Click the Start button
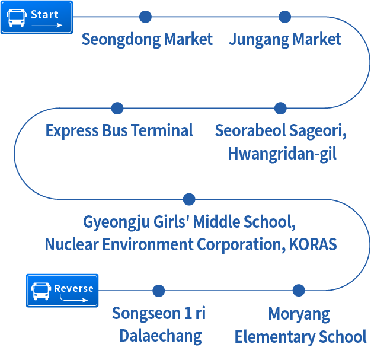coord(36,18)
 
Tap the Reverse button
coord(62,291)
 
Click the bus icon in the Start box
coord(16,17)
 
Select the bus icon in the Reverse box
coord(41,291)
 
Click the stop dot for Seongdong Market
coord(145,17)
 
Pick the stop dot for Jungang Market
coord(285,17)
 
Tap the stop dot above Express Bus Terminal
coord(117,108)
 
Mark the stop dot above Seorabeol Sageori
coord(281,108)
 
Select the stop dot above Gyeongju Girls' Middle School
coord(189,199)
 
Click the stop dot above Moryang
coord(299,291)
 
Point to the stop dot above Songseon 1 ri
coord(158,291)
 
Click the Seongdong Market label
coord(147,40)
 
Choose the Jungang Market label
coord(285,40)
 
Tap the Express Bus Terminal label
coord(119,130)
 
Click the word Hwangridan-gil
coord(282,154)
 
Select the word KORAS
coord(313,244)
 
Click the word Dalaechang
coord(161,336)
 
